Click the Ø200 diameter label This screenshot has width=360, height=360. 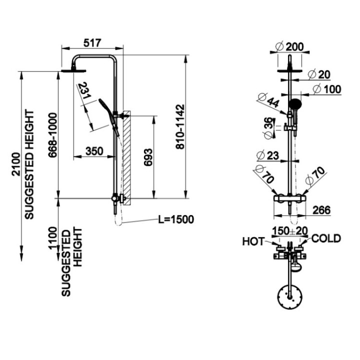289,46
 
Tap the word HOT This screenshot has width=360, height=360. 254,241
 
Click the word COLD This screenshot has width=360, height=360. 325,238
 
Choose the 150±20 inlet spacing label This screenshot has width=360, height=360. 289,231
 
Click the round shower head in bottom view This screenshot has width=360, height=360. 289,299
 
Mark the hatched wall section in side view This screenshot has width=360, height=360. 128,155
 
